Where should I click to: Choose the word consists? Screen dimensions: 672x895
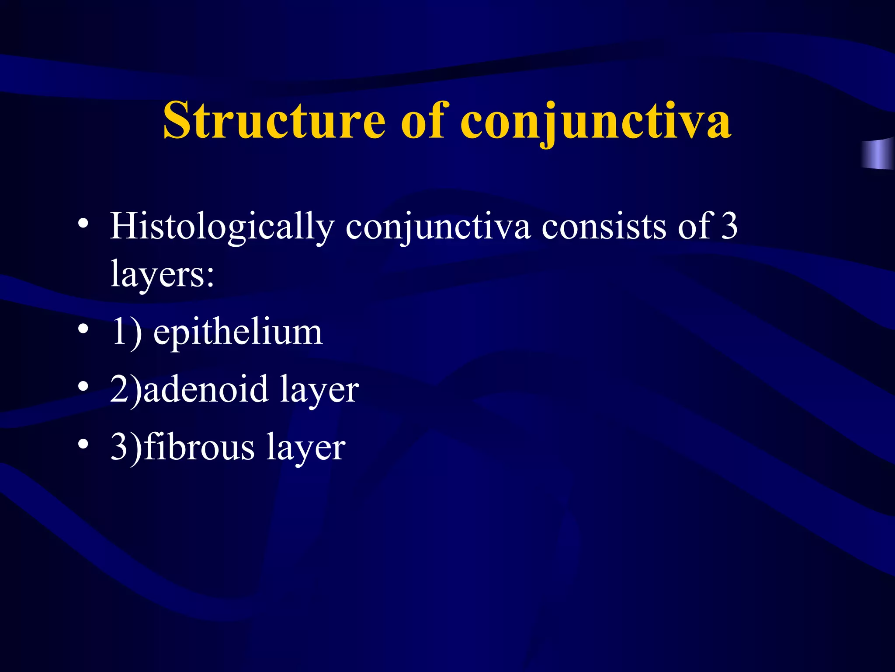pos(604,227)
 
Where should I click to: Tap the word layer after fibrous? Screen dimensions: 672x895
pos(306,448)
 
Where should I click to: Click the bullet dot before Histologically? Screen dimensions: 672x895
pos(83,224)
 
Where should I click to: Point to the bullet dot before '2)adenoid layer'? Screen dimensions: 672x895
pos(83,386)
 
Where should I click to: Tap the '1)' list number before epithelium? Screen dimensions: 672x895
pos(126,332)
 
